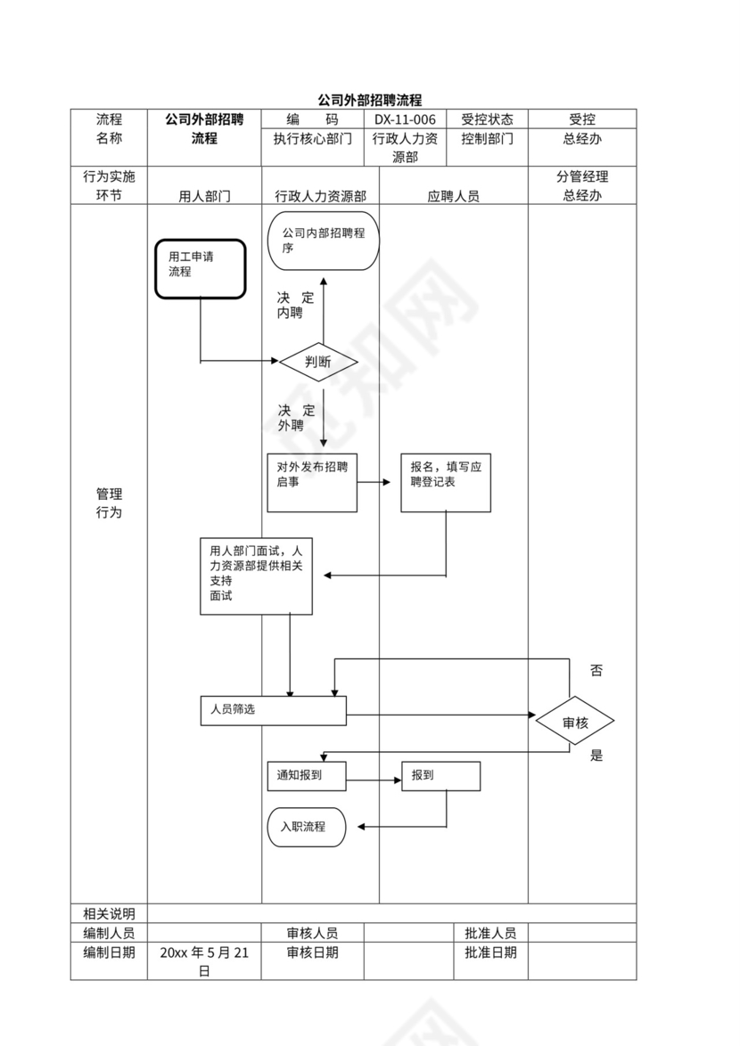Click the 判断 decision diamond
[x=318, y=362]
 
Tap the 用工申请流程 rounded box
[x=201, y=268]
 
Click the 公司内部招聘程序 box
[x=323, y=241]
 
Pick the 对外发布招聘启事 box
[x=312, y=482]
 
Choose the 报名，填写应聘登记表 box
[x=445, y=482]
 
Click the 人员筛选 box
[x=273, y=710]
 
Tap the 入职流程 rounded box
[x=307, y=827]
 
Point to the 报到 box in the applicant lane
[x=440, y=775]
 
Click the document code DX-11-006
[x=405, y=119]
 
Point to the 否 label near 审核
[x=596, y=671]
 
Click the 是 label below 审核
[x=596, y=756]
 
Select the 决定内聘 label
[x=295, y=306]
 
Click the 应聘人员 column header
[x=453, y=196]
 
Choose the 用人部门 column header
[x=204, y=196]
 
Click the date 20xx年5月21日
[x=204, y=961]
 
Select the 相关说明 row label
[x=109, y=913]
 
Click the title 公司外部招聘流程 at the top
[x=369, y=101]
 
